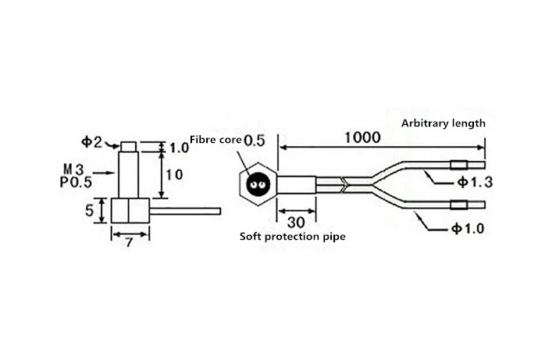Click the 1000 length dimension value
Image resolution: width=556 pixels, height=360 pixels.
tap(361, 138)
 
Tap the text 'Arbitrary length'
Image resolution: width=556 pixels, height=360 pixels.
tap(444, 123)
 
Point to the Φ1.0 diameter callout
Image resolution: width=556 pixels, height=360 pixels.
tap(469, 229)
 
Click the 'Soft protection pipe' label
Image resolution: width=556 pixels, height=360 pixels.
tap(292, 236)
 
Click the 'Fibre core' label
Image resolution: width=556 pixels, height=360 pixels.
tap(215, 141)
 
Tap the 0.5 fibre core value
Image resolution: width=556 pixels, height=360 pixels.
tap(255, 141)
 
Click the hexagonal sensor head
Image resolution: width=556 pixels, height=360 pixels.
tap(257, 186)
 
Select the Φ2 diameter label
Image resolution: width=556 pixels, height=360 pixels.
tap(91, 142)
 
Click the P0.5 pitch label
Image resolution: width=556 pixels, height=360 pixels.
tap(75, 183)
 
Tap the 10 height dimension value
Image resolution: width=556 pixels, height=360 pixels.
tap(175, 174)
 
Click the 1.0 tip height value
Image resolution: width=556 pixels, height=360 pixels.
tap(179, 147)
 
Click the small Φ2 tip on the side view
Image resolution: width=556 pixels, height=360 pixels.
tap(128, 147)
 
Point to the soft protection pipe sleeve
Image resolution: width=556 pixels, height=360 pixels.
tap(297, 186)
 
